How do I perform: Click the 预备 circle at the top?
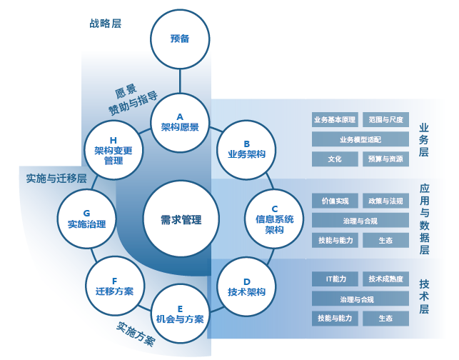180,39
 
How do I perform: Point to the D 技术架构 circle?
246,286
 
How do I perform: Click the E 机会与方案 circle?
180,314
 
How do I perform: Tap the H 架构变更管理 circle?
114,150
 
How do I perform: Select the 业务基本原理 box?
335,119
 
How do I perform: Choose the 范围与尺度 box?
385,119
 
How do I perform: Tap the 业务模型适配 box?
360,139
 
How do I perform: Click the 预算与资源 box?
385,159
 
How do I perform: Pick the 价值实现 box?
335,201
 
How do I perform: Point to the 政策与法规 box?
385,201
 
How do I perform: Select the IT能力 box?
335,279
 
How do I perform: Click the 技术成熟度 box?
385,279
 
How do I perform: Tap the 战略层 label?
105,23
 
